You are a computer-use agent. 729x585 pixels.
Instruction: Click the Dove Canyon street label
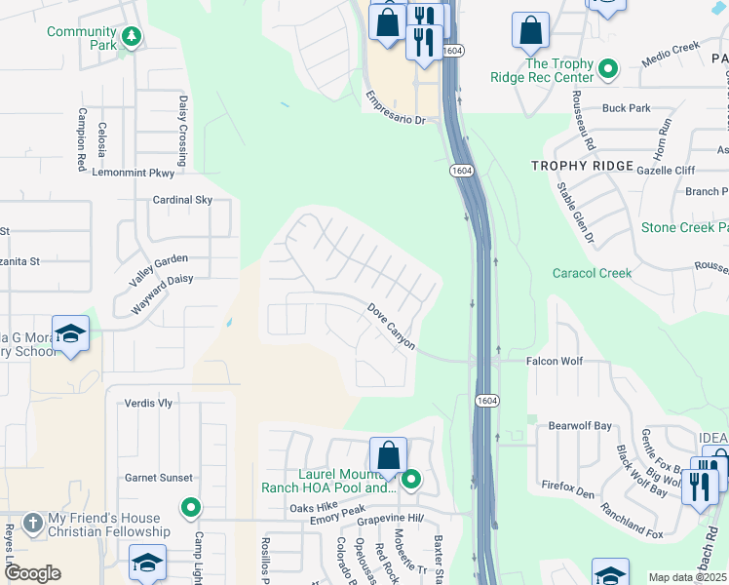[392, 327]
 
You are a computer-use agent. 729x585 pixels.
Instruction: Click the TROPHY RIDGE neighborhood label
[582, 166]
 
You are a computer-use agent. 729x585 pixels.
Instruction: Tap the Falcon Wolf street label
[555, 361]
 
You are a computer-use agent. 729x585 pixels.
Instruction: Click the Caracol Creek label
[592, 273]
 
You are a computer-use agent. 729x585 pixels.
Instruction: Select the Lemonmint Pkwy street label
[132, 173]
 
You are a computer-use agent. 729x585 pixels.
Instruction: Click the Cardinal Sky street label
[182, 200]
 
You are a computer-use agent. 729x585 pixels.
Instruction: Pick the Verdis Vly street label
[148, 403]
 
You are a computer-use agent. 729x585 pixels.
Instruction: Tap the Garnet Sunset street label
[158, 478]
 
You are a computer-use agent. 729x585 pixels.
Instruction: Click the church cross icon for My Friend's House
[33, 521]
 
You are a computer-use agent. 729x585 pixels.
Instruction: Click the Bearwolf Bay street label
[580, 426]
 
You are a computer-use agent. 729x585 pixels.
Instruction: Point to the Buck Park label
[626, 108]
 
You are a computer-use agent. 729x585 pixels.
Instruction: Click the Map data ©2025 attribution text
[687, 577]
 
